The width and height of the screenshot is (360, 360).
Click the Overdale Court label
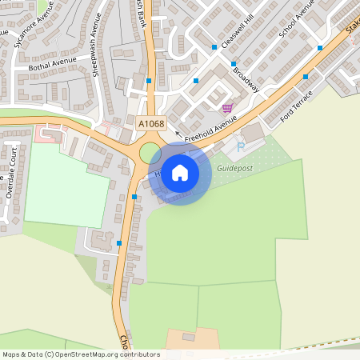(10, 179)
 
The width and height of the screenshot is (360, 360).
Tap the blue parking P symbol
(240, 146)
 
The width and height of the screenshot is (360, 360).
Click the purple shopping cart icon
(227, 108)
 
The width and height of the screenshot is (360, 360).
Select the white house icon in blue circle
(180, 173)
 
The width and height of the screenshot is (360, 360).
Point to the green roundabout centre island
(150, 152)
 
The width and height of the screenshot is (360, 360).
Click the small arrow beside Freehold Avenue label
(178, 145)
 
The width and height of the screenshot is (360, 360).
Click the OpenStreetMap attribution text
(81, 354)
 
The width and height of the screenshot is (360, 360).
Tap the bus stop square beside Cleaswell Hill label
(214, 47)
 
